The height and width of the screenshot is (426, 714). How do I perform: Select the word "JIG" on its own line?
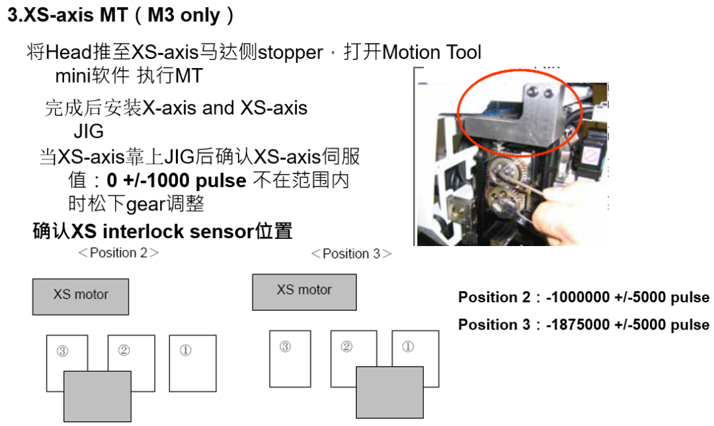click(88, 131)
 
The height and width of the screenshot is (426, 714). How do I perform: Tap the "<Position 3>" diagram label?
click(351, 253)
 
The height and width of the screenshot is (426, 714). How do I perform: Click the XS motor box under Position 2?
click(81, 296)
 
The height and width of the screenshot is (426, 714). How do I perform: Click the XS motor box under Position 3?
click(304, 292)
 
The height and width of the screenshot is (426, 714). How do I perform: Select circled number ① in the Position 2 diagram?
click(186, 351)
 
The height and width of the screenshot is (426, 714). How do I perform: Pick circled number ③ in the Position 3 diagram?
click(285, 347)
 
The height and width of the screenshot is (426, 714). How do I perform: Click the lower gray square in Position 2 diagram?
click(97, 396)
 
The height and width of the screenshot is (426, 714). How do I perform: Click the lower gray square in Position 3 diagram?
click(389, 392)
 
